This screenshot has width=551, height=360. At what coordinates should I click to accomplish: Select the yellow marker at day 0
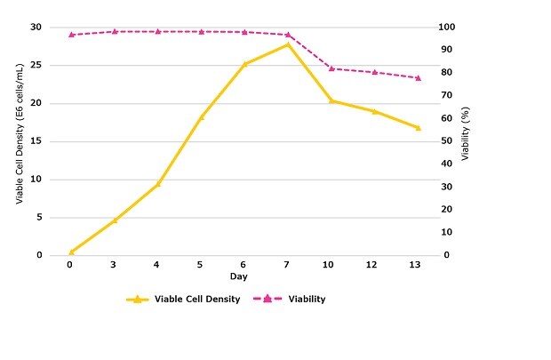(x=71, y=252)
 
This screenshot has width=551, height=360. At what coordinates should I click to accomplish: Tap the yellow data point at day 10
(x=331, y=101)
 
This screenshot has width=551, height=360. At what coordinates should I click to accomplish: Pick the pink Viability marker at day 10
(x=331, y=68)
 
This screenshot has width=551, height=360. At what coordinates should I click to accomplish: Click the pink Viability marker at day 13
(x=418, y=78)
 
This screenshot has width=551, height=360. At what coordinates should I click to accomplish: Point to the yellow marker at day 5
(x=201, y=116)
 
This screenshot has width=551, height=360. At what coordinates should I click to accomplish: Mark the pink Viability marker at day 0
(x=71, y=35)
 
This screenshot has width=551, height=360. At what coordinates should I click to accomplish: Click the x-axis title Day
(x=244, y=277)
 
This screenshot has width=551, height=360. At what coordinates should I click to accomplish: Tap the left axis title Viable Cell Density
(x=19, y=140)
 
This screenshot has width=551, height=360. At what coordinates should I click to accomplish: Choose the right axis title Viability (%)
(x=465, y=140)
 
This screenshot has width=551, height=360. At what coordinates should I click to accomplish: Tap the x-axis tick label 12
(x=374, y=265)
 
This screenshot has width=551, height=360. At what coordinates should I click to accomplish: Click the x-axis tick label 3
(x=114, y=265)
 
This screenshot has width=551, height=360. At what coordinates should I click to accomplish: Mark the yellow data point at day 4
(x=157, y=184)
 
